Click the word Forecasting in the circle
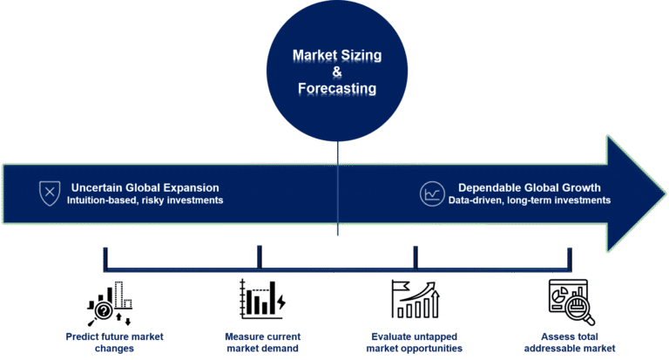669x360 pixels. pos(337,89)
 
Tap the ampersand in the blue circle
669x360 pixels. pos(337,72)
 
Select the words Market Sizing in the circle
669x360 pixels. pos(337,56)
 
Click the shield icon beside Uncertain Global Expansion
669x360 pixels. pos(50,193)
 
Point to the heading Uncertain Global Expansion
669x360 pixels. pos(143,187)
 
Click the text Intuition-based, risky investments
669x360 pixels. pos(145,200)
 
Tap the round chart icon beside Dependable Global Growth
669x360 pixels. pos(430,193)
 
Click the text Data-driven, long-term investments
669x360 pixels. pos(529,200)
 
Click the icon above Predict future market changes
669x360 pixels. pos(110,303)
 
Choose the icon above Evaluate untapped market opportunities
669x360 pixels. pos(415,299)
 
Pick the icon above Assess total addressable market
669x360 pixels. pos(570,301)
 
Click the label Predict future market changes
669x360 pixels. pos(114,342)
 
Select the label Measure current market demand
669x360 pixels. pos(262,342)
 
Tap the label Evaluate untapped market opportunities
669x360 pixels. pos(414,342)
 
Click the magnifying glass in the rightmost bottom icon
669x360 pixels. pos(580,309)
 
